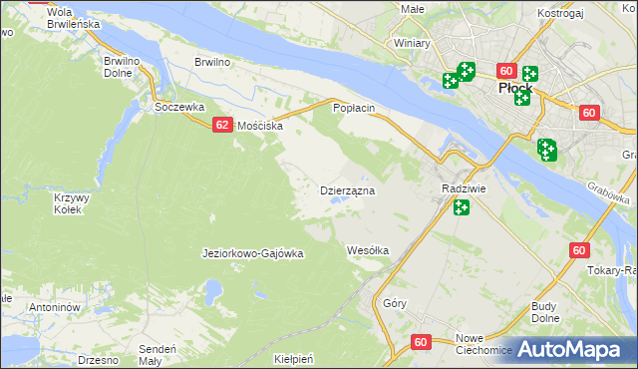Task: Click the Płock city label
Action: [x=514, y=88]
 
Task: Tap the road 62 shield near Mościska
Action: [x=222, y=124]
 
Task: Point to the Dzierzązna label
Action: [x=347, y=189]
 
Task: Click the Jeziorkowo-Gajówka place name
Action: [x=252, y=253]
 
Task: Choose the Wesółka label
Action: [x=367, y=249]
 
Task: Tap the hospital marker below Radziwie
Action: [x=461, y=207]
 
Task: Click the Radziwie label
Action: [x=463, y=188]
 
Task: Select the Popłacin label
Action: [x=354, y=107]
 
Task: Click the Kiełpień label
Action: [x=294, y=357]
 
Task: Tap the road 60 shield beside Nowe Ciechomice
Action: [x=421, y=342]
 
